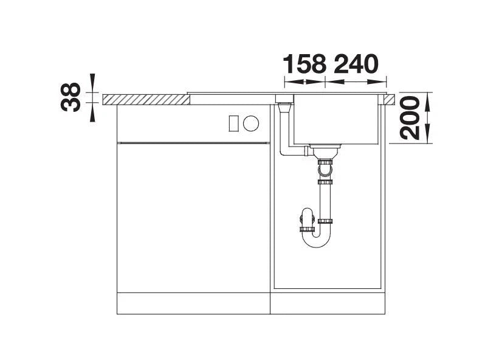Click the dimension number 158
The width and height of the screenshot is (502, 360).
(x=305, y=64)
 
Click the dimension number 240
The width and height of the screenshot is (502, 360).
(x=356, y=64)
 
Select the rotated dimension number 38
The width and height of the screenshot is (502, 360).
(x=70, y=97)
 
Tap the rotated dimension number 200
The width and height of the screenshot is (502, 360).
(x=410, y=118)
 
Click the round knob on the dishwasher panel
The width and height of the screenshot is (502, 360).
(x=250, y=123)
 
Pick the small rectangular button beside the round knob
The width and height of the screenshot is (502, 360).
(x=234, y=123)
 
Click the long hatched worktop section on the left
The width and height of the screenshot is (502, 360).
(x=146, y=100)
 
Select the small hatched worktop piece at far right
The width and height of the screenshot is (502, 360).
(x=390, y=100)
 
